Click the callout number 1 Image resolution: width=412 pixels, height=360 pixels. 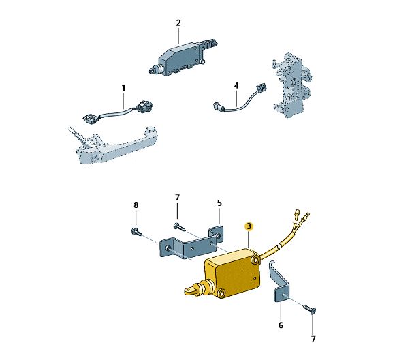[123, 88]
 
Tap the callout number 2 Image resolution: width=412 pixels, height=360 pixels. [178, 23]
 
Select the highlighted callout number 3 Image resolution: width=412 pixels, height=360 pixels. [249, 226]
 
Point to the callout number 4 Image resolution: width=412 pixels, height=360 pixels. [236, 85]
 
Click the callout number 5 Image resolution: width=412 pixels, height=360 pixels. [219, 203]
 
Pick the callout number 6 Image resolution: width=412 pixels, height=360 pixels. [281, 325]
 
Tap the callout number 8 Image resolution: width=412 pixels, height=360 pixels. [136, 205]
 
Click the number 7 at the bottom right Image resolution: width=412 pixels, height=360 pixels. [313, 339]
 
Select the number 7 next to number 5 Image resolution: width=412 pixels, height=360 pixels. [177, 197]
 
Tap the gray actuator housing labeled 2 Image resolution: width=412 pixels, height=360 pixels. [182, 58]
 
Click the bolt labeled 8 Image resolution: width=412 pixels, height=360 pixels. [136, 232]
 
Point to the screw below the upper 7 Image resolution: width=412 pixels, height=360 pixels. [179, 226]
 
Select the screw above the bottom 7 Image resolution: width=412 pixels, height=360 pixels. [309, 309]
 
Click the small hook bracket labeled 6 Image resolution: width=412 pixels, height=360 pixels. [281, 284]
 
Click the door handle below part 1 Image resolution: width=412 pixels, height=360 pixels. [113, 145]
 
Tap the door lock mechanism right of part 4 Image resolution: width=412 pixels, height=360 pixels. [292, 85]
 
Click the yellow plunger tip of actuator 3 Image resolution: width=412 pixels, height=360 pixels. [190, 290]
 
